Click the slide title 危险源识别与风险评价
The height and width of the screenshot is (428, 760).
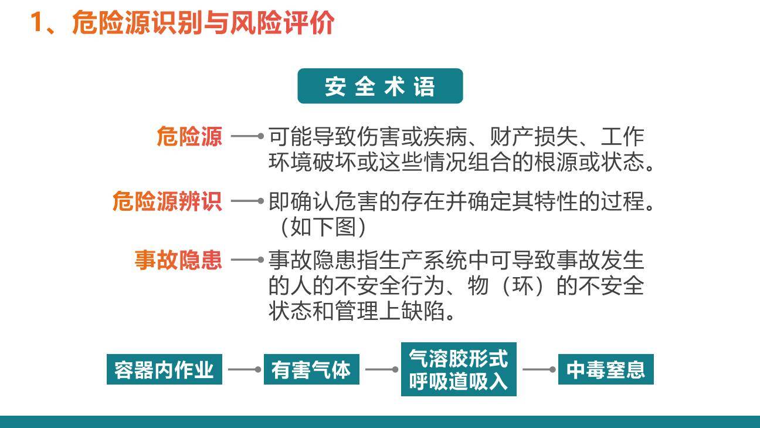(x=202, y=23)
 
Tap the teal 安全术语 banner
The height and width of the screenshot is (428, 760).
(x=380, y=86)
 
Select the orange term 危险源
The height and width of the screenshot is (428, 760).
(x=189, y=137)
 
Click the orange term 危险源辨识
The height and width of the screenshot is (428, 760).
(x=167, y=201)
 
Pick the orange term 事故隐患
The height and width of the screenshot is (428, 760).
(x=178, y=260)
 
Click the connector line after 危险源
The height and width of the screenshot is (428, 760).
(x=247, y=136)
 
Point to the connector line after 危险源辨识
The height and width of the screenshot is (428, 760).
(x=247, y=201)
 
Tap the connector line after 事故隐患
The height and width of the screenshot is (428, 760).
(x=247, y=259)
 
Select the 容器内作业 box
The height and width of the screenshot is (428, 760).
(x=164, y=370)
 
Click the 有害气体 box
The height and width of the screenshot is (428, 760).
(x=311, y=370)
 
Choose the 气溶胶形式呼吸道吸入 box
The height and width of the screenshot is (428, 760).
(x=459, y=369)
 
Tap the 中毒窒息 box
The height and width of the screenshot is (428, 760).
(x=606, y=370)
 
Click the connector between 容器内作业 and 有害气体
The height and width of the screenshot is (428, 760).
(x=243, y=370)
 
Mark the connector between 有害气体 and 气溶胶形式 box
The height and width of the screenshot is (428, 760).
(x=381, y=370)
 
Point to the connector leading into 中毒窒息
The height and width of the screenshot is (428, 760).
(x=538, y=370)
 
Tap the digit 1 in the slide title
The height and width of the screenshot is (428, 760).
(x=37, y=23)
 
